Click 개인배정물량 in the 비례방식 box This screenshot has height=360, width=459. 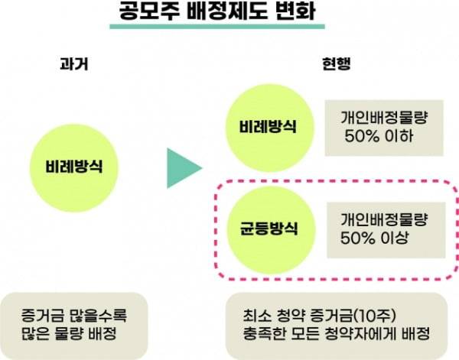tap(380, 117)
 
